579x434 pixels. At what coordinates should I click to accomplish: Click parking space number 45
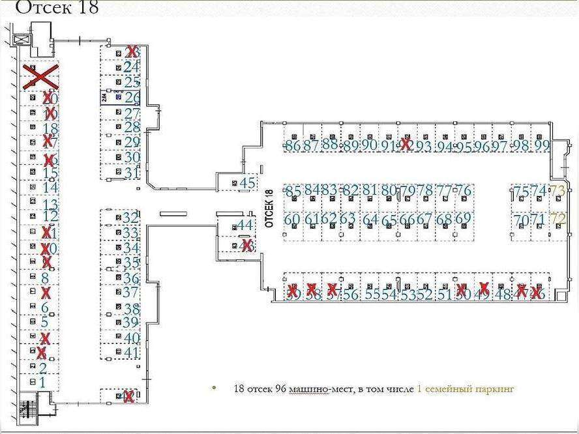[247, 183]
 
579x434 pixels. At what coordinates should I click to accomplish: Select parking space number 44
[245, 225]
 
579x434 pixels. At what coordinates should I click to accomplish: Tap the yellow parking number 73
[558, 191]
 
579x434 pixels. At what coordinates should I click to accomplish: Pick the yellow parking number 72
[558, 219]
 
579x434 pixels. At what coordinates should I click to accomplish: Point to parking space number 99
[542, 146]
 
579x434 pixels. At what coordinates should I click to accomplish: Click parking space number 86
[293, 146]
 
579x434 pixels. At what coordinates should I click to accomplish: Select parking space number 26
[132, 98]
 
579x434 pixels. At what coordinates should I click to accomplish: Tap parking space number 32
[130, 218]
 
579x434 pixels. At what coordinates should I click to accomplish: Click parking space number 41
[132, 353]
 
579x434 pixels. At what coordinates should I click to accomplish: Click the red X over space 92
[406, 145]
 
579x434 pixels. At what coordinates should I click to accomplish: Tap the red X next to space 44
[247, 246]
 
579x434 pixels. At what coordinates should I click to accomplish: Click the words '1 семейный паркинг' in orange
[465, 389]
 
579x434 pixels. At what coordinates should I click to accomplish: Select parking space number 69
[462, 219]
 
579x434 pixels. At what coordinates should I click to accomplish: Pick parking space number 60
[292, 219]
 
